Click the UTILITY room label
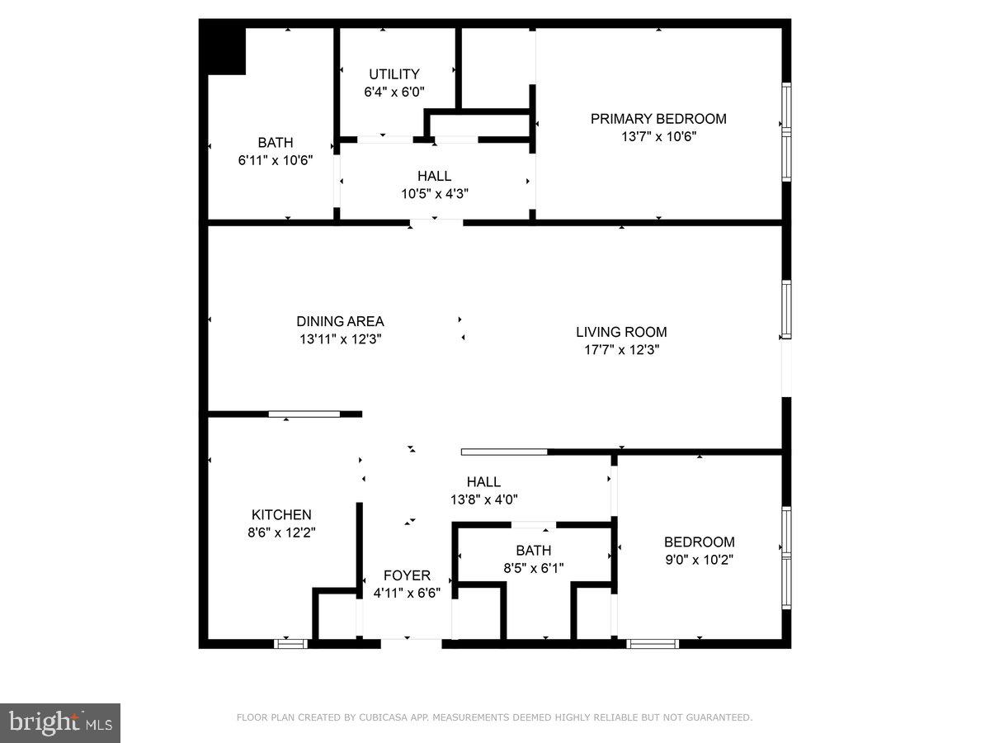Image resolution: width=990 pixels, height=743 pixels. point(394,74)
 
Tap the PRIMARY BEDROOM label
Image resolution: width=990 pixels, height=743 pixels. point(658,119)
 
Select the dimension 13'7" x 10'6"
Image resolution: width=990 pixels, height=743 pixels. point(658,137)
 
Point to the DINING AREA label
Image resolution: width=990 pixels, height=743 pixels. point(340,322)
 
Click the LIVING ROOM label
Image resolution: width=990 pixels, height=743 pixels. point(621,332)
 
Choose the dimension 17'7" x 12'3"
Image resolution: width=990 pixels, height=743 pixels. point(621,350)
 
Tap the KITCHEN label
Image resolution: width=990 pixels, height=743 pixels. point(281,515)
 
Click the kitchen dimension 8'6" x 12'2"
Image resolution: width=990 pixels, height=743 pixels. point(281,533)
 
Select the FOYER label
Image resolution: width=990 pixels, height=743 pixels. point(407,575)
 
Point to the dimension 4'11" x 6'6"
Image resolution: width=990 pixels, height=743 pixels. point(407,593)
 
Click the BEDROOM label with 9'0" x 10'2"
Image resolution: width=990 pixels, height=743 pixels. point(699,542)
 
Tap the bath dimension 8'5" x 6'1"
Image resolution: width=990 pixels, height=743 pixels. point(534,568)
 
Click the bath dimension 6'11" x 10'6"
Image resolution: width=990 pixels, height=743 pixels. point(275,161)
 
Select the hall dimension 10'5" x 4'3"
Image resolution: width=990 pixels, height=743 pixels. point(434,194)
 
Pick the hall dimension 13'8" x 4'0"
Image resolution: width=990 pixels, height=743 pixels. point(483,499)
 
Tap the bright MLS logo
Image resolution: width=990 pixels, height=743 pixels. point(60,723)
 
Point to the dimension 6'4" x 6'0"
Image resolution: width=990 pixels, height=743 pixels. point(394,92)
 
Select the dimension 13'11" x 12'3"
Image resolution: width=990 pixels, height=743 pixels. point(340,339)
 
